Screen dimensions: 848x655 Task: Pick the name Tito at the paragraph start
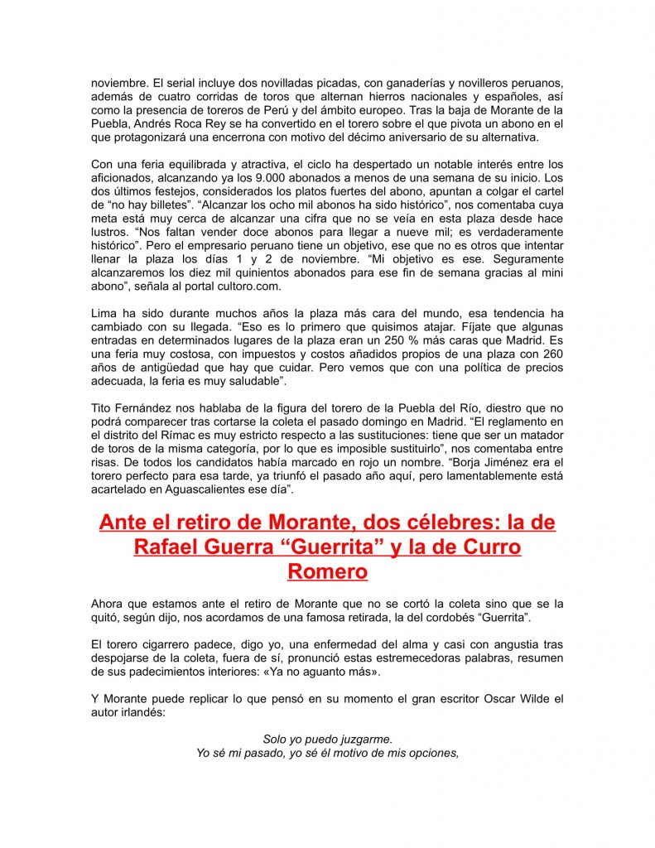(x=102, y=407)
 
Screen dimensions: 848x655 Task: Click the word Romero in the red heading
(x=328, y=571)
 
